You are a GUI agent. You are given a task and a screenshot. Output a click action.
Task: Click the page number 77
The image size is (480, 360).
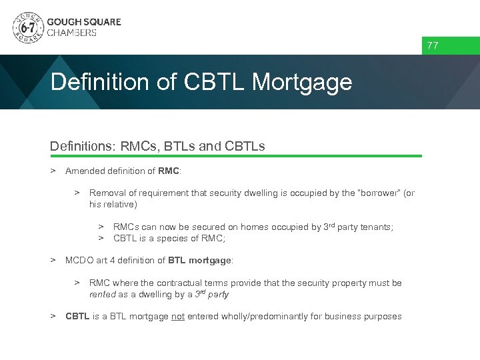433,46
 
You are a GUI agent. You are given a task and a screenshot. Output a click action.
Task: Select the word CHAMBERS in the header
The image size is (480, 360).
72,33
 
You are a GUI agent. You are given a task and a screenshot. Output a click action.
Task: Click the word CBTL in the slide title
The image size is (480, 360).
213,82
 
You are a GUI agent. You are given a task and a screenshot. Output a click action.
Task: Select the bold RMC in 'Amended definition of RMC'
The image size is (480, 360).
169,171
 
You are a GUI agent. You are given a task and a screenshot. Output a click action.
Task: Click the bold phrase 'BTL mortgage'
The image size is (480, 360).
199,260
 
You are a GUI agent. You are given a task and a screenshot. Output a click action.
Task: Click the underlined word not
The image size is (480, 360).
178,317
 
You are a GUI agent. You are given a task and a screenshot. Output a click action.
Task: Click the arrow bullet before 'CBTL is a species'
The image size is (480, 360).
101,238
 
